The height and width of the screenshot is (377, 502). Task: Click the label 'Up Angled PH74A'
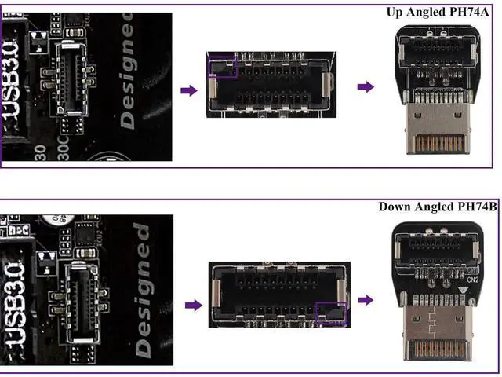(x=442, y=12)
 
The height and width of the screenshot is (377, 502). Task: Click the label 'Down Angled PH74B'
(x=438, y=207)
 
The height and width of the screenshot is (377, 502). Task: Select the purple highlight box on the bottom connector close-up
(x=330, y=313)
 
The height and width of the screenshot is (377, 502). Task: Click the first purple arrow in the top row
(x=188, y=91)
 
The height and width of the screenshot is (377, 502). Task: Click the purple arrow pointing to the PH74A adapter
(x=366, y=86)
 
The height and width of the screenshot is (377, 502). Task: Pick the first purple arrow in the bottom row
(x=188, y=304)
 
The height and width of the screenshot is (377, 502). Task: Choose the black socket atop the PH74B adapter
(x=443, y=250)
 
